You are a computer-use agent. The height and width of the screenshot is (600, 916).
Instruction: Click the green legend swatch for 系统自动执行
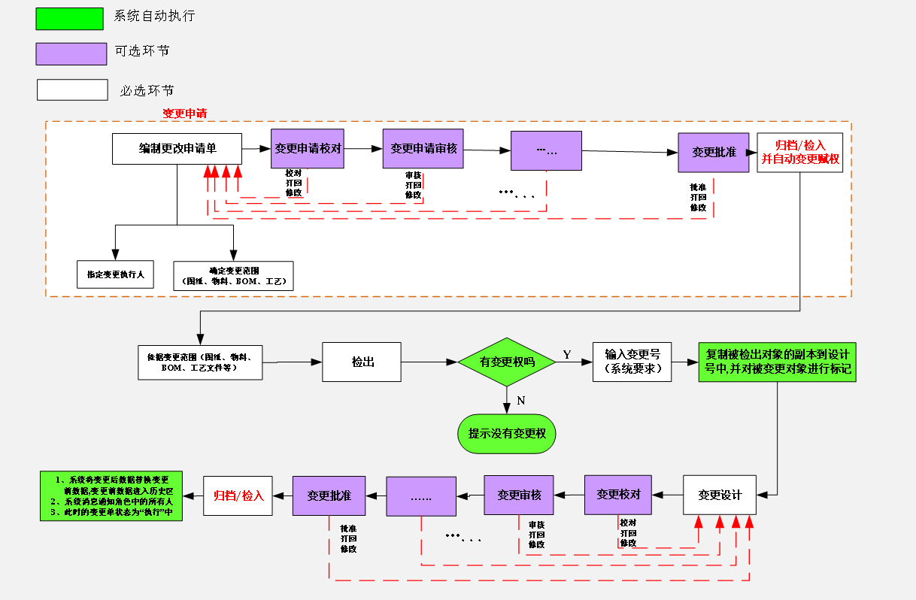69,19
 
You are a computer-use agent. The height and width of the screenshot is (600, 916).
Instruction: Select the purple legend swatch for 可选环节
71,53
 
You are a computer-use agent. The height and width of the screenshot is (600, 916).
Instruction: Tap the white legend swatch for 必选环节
72,89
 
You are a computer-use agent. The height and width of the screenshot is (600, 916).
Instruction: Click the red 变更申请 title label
184,114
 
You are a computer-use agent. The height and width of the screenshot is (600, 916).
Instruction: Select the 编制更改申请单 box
177,148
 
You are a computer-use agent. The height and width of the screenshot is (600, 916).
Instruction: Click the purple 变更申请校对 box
308,148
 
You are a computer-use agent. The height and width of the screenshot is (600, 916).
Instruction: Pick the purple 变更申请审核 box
423,148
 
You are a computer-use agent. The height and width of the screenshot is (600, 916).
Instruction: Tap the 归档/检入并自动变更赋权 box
799,153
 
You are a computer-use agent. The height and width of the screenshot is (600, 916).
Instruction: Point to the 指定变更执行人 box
115,274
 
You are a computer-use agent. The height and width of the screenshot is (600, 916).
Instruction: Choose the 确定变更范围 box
233,276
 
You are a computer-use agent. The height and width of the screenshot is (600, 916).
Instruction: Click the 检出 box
362,362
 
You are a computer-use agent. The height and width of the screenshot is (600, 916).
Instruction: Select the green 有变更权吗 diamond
507,362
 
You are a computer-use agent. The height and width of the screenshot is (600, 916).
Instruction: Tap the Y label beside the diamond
566,354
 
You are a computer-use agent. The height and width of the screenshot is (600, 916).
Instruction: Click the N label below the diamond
520,401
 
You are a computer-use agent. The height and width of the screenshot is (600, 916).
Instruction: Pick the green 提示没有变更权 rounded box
506,434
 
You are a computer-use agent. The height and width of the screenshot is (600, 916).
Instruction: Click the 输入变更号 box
632,361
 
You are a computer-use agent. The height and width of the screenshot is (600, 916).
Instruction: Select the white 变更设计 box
719,495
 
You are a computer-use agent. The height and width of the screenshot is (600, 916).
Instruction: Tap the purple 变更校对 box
618,495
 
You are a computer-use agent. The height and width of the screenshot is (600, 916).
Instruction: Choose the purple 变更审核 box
518,495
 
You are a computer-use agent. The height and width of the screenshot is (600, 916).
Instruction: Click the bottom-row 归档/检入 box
238,495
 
